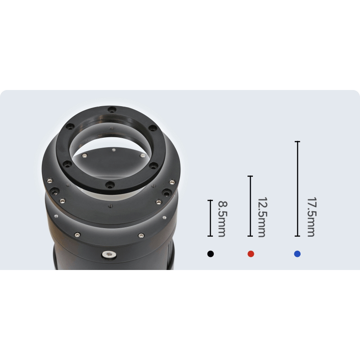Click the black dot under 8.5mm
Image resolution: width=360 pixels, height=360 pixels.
[x=210, y=254]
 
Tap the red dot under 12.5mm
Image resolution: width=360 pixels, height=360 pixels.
[x=251, y=254]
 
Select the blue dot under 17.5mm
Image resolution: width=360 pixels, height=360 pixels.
[x=297, y=254]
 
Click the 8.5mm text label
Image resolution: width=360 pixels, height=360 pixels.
[x=222, y=219]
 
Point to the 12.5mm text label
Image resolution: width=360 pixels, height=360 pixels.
[x=262, y=217]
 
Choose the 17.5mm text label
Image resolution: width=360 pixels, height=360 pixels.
[x=311, y=217]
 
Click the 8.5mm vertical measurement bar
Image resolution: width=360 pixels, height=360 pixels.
[x=210, y=218]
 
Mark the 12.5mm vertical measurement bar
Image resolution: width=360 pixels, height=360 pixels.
[x=250, y=206]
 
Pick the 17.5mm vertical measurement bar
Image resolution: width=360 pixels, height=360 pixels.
[x=297, y=189]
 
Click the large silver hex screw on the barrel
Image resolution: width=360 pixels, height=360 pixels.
[x=109, y=254]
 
